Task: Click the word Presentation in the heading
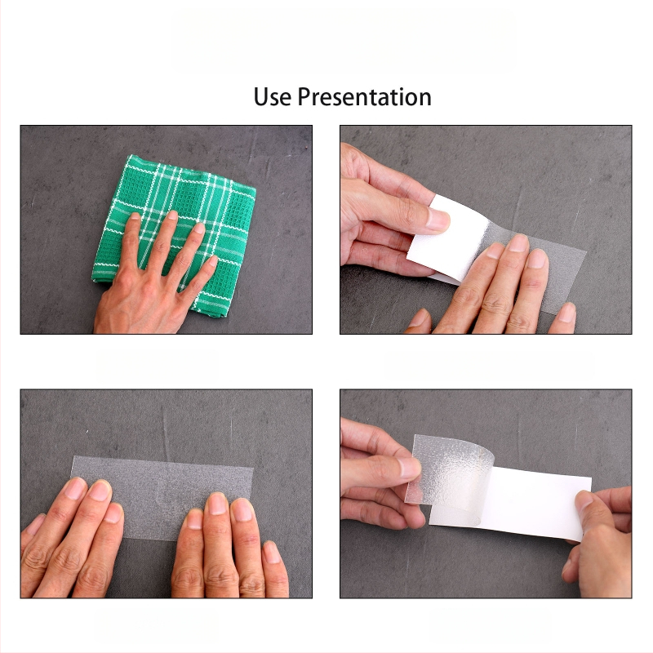point(364,97)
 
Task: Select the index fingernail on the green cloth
point(172,215)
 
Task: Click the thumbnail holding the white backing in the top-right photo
point(438,220)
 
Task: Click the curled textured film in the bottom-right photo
point(450,469)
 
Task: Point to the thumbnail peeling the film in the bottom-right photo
point(409,468)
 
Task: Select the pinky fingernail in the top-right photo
point(566,313)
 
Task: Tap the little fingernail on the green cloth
point(213,260)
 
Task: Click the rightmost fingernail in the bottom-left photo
point(272,553)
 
